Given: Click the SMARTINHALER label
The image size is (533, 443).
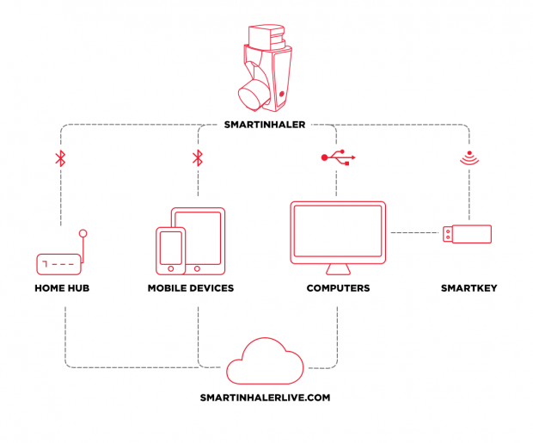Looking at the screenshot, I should [265, 125].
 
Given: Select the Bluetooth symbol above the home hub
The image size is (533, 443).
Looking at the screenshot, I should [60, 158].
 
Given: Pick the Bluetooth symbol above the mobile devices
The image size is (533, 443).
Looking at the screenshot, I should [197, 158].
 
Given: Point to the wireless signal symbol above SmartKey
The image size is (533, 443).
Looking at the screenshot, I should [469, 157].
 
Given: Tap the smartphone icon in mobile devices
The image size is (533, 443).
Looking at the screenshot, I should [170, 247].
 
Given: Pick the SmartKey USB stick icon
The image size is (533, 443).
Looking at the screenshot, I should [468, 233].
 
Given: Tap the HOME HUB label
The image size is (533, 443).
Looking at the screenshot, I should [62, 288].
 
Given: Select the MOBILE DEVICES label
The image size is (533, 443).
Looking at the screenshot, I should [190, 288].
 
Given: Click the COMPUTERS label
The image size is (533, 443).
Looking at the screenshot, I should [338, 288].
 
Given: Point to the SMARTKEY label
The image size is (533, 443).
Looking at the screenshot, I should [469, 288].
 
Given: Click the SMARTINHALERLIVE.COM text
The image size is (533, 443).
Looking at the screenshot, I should [265, 398].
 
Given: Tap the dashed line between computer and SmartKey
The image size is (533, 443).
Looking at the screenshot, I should [414, 233].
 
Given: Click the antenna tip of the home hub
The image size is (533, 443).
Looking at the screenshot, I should [83, 232].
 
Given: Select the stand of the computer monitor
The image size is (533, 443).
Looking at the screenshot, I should [337, 266].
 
